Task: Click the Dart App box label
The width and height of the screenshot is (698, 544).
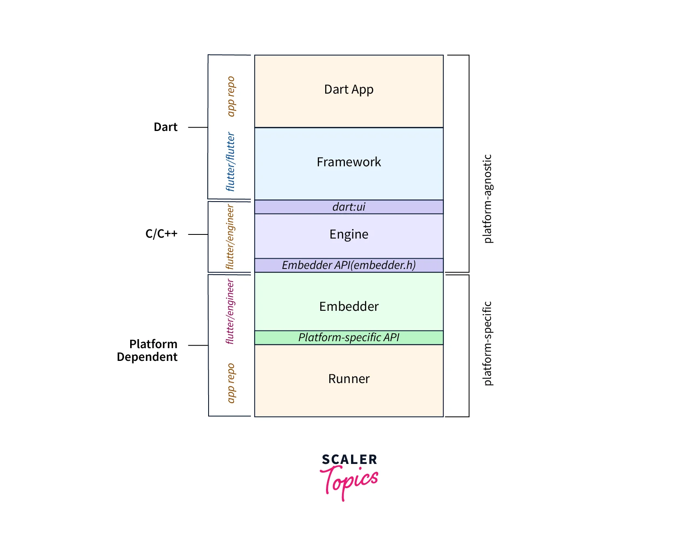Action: pyautogui.click(x=349, y=90)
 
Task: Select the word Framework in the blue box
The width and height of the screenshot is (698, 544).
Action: pyautogui.click(x=349, y=162)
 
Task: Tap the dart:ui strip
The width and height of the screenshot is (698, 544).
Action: pyautogui.click(x=349, y=207)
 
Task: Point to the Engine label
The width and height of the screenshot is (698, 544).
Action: pyautogui.click(x=349, y=234)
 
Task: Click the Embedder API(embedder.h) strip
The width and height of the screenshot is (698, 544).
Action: pyautogui.click(x=349, y=265)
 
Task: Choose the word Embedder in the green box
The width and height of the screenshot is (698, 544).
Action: pyautogui.click(x=349, y=307)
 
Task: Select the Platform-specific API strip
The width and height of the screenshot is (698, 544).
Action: pyautogui.click(x=349, y=337)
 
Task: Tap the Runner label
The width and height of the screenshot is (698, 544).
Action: pyautogui.click(x=349, y=379)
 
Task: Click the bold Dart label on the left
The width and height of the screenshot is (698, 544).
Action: pyautogui.click(x=165, y=127)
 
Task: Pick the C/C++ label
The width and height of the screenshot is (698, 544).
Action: pyautogui.click(x=161, y=234)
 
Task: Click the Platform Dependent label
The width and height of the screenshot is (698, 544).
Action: pyautogui.click(x=147, y=350)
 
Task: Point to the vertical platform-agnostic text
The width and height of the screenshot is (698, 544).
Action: pyautogui.click(x=487, y=199)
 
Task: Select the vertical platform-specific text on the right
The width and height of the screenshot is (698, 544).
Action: pyautogui.click(x=487, y=344)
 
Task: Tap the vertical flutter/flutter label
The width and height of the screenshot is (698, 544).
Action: pyautogui.click(x=230, y=162)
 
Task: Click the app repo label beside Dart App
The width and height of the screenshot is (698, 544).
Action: pyautogui.click(x=231, y=96)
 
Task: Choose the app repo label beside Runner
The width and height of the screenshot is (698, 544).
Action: pyautogui.click(x=231, y=383)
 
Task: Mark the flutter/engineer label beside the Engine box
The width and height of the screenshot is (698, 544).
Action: pyautogui.click(x=230, y=237)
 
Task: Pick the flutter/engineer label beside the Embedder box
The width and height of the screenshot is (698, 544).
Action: pyautogui.click(x=230, y=312)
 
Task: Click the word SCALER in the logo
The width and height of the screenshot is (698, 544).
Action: pyautogui.click(x=349, y=459)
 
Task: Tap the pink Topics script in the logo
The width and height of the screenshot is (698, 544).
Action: pyautogui.click(x=349, y=481)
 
